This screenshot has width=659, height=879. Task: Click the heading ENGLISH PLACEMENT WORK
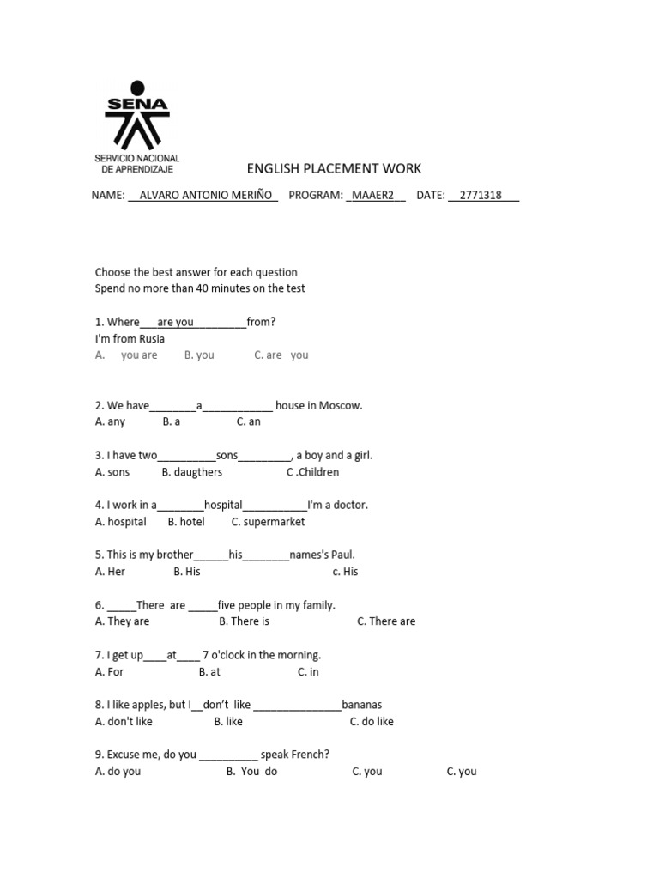334,168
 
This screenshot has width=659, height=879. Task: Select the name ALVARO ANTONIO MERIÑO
203,195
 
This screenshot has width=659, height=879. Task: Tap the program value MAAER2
375,195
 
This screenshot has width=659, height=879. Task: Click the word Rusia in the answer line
151,338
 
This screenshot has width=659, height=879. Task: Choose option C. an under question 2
248,421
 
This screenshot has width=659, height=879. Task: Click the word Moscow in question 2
341,405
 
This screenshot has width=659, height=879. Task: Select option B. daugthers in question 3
191,472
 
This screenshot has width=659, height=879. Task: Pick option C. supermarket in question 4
268,521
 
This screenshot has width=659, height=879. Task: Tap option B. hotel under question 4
186,521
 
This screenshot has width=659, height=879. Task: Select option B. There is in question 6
244,621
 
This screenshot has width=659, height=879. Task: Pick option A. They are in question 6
122,621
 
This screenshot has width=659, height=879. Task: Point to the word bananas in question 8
361,705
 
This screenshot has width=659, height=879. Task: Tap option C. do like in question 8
372,722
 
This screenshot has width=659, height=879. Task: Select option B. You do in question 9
251,772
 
